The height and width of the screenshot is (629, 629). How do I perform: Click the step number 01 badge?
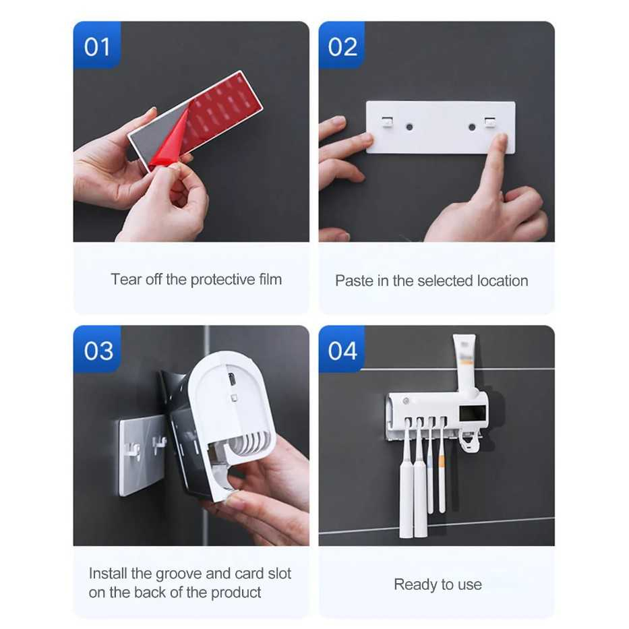click(97, 45)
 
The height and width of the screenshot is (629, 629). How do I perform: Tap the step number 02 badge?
click(342, 45)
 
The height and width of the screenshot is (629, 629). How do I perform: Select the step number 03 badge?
click(97, 349)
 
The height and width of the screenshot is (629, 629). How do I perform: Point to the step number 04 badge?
click(342, 349)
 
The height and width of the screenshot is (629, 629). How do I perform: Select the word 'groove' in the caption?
click(178, 574)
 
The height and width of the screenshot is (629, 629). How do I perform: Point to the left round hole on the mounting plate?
click(409, 127)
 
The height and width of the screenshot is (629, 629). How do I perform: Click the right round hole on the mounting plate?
click(472, 127)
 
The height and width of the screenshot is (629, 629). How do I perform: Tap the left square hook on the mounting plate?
click(388, 122)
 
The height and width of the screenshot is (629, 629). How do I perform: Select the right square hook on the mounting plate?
click(490, 122)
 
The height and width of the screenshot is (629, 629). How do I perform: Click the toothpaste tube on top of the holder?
click(465, 364)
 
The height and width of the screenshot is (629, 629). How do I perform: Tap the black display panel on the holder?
click(472, 413)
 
